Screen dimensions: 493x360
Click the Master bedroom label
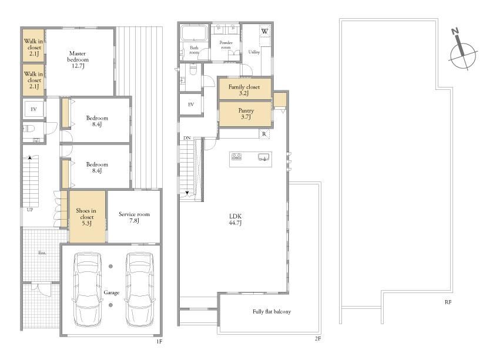click(78, 59)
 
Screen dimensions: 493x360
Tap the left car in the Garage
click(87, 289)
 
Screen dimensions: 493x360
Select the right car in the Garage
click(140, 289)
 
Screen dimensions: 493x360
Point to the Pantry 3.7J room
click(245, 114)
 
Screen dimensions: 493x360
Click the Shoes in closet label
click(86, 217)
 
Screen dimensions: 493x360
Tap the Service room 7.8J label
click(134, 217)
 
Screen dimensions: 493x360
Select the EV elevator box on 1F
click(33, 109)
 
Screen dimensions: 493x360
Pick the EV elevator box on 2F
click(190, 105)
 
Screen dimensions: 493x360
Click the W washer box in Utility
click(265, 31)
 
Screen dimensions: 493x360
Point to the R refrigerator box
click(264, 134)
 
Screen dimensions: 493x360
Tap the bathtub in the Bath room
click(194, 33)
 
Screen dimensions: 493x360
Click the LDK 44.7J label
click(236, 219)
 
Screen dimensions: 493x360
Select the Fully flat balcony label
click(271, 312)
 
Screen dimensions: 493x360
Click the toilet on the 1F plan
click(29, 129)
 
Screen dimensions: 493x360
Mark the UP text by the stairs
click(30, 210)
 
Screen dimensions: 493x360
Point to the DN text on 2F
click(187, 138)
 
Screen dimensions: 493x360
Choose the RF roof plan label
click(448, 302)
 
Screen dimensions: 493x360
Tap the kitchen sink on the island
click(264, 157)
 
